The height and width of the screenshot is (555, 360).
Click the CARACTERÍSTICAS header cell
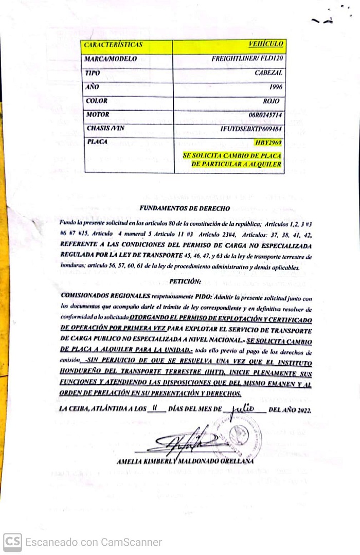(x=113, y=45)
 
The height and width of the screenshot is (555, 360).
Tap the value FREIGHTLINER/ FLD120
(x=247, y=59)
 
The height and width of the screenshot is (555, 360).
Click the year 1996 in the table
(x=275, y=87)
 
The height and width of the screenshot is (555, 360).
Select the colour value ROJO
(x=273, y=101)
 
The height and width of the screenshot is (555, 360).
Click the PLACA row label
(x=97, y=141)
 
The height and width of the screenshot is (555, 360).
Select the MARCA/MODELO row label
(x=111, y=59)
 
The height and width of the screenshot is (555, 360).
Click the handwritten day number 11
(x=155, y=409)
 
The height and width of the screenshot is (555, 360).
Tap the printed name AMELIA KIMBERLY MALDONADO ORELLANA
(x=185, y=461)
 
